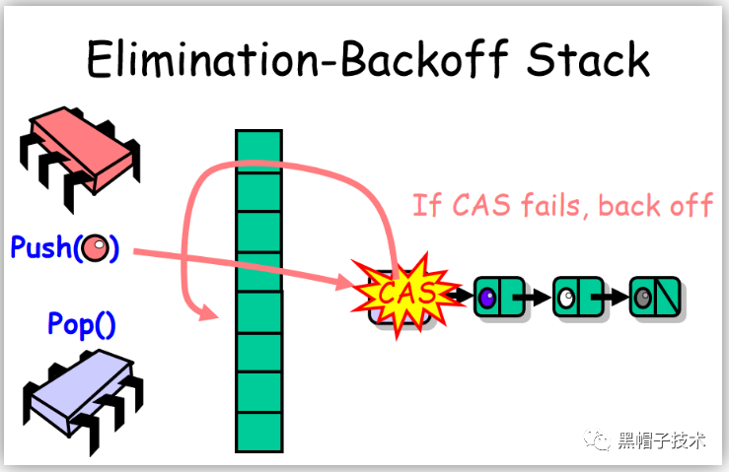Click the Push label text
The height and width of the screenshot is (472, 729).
(x=41, y=247)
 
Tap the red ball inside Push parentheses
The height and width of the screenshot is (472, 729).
(x=95, y=248)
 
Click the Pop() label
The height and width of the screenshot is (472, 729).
(x=82, y=324)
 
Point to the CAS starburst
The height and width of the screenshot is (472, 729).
(x=400, y=293)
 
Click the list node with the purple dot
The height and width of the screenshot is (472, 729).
(x=495, y=296)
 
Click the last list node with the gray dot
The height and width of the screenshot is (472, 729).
(x=653, y=296)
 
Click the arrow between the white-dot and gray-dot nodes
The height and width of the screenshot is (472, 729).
(x=614, y=296)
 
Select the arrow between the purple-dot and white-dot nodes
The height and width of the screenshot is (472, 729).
(x=535, y=296)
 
